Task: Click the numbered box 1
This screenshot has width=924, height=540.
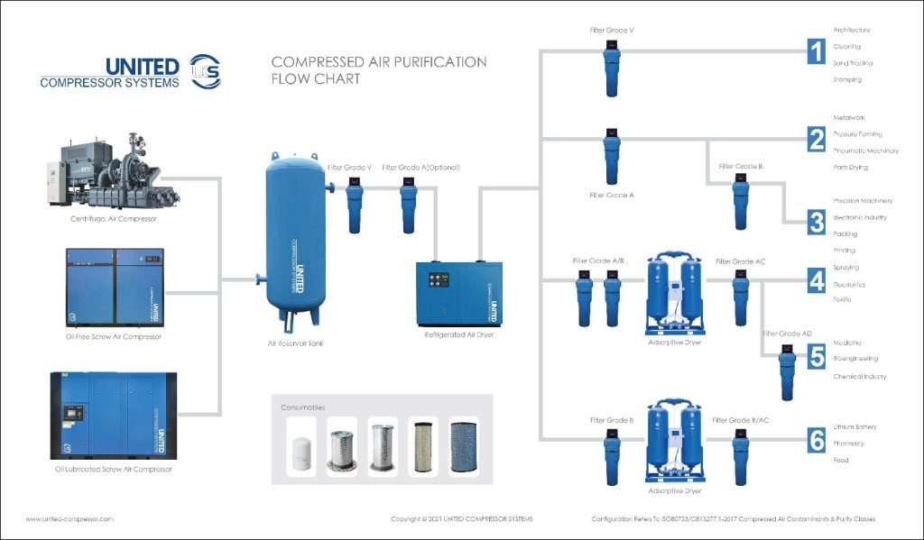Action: (x=816, y=52)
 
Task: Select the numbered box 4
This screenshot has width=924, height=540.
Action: (x=816, y=280)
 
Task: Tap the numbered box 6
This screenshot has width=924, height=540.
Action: (x=816, y=441)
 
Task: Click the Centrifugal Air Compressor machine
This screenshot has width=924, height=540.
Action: (x=112, y=171)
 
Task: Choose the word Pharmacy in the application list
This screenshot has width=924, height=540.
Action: (x=848, y=444)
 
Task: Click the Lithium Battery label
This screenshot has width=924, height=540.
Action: (x=855, y=426)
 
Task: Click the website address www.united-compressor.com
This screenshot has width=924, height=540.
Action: (x=69, y=519)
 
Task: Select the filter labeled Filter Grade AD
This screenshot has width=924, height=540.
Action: (x=788, y=371)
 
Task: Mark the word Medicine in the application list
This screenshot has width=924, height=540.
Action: (x=847, y=343)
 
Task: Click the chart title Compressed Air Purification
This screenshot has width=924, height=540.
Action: (x=379, y=62)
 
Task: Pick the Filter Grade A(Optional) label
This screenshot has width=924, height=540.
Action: (x=420, y=168)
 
